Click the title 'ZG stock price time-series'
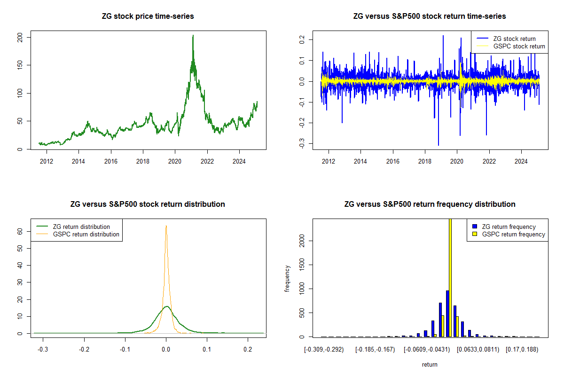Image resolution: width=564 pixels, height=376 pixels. [148, 16]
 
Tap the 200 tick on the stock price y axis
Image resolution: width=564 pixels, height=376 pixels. [19, 37]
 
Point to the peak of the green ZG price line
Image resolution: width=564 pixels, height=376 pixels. [193, 35]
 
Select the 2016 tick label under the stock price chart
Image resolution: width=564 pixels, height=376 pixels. [111, 162]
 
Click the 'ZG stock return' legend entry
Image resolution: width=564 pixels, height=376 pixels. [514, 39]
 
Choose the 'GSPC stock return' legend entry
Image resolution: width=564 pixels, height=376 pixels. [519, 46]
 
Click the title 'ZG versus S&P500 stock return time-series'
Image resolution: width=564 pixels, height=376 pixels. [430, 16]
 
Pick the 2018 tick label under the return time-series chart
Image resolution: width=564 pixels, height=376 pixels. [425, 162]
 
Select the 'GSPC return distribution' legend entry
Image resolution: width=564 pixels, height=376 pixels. [93, 234]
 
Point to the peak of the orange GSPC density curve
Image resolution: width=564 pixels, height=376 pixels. [166, 226]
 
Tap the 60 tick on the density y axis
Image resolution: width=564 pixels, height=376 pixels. [19, 231]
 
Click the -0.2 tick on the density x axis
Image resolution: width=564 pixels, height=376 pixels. [84, 350]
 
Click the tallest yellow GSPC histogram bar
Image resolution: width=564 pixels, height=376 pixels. [450, 277]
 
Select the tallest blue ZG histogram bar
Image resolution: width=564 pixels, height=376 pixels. [447, 313]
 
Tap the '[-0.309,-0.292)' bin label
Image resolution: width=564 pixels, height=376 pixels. [324, 350]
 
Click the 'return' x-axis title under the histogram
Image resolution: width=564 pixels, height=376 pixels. [430, 364]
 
